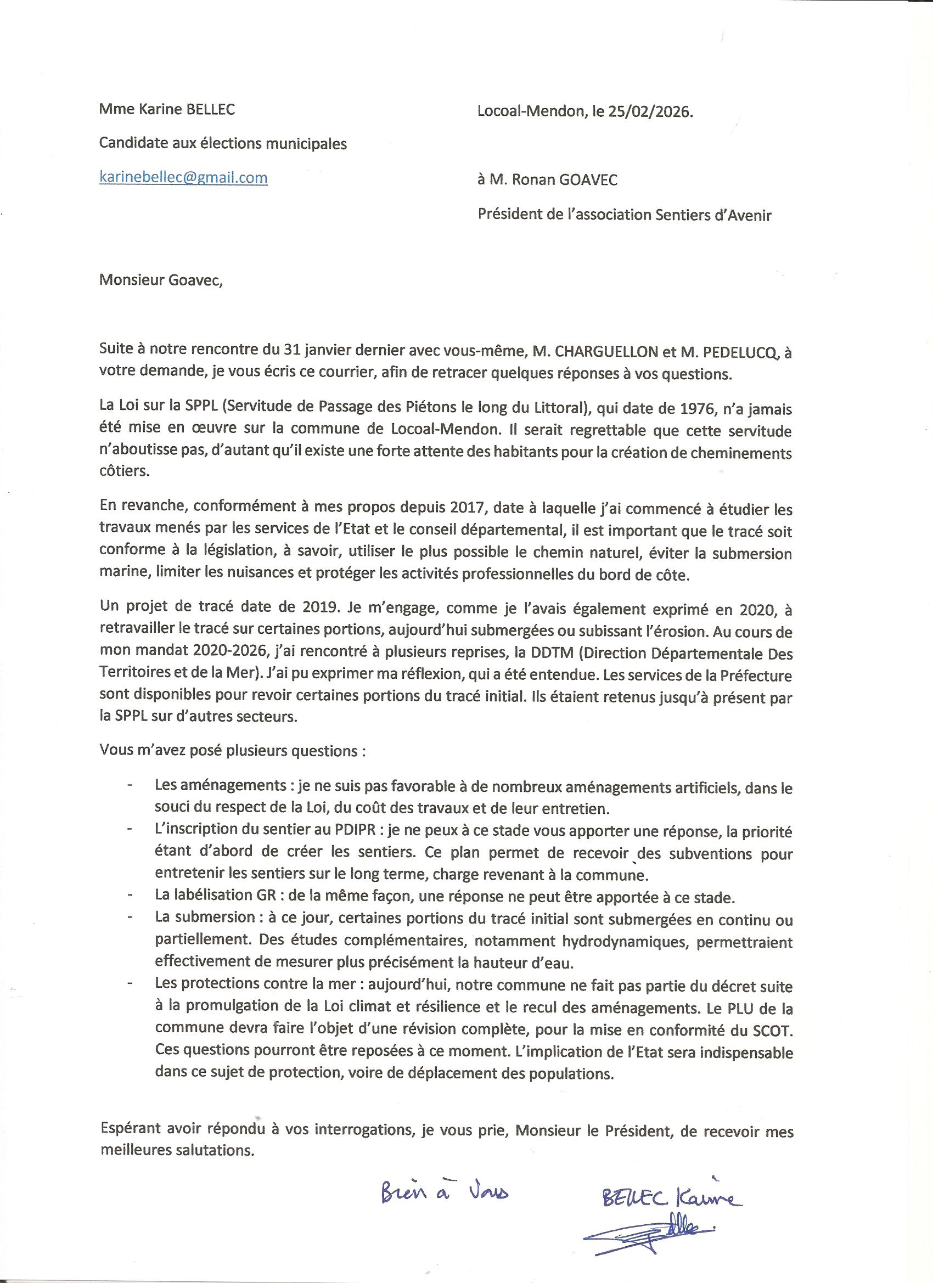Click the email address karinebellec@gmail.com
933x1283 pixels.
coord(183,178)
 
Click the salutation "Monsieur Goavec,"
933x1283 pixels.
coord(161,280)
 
